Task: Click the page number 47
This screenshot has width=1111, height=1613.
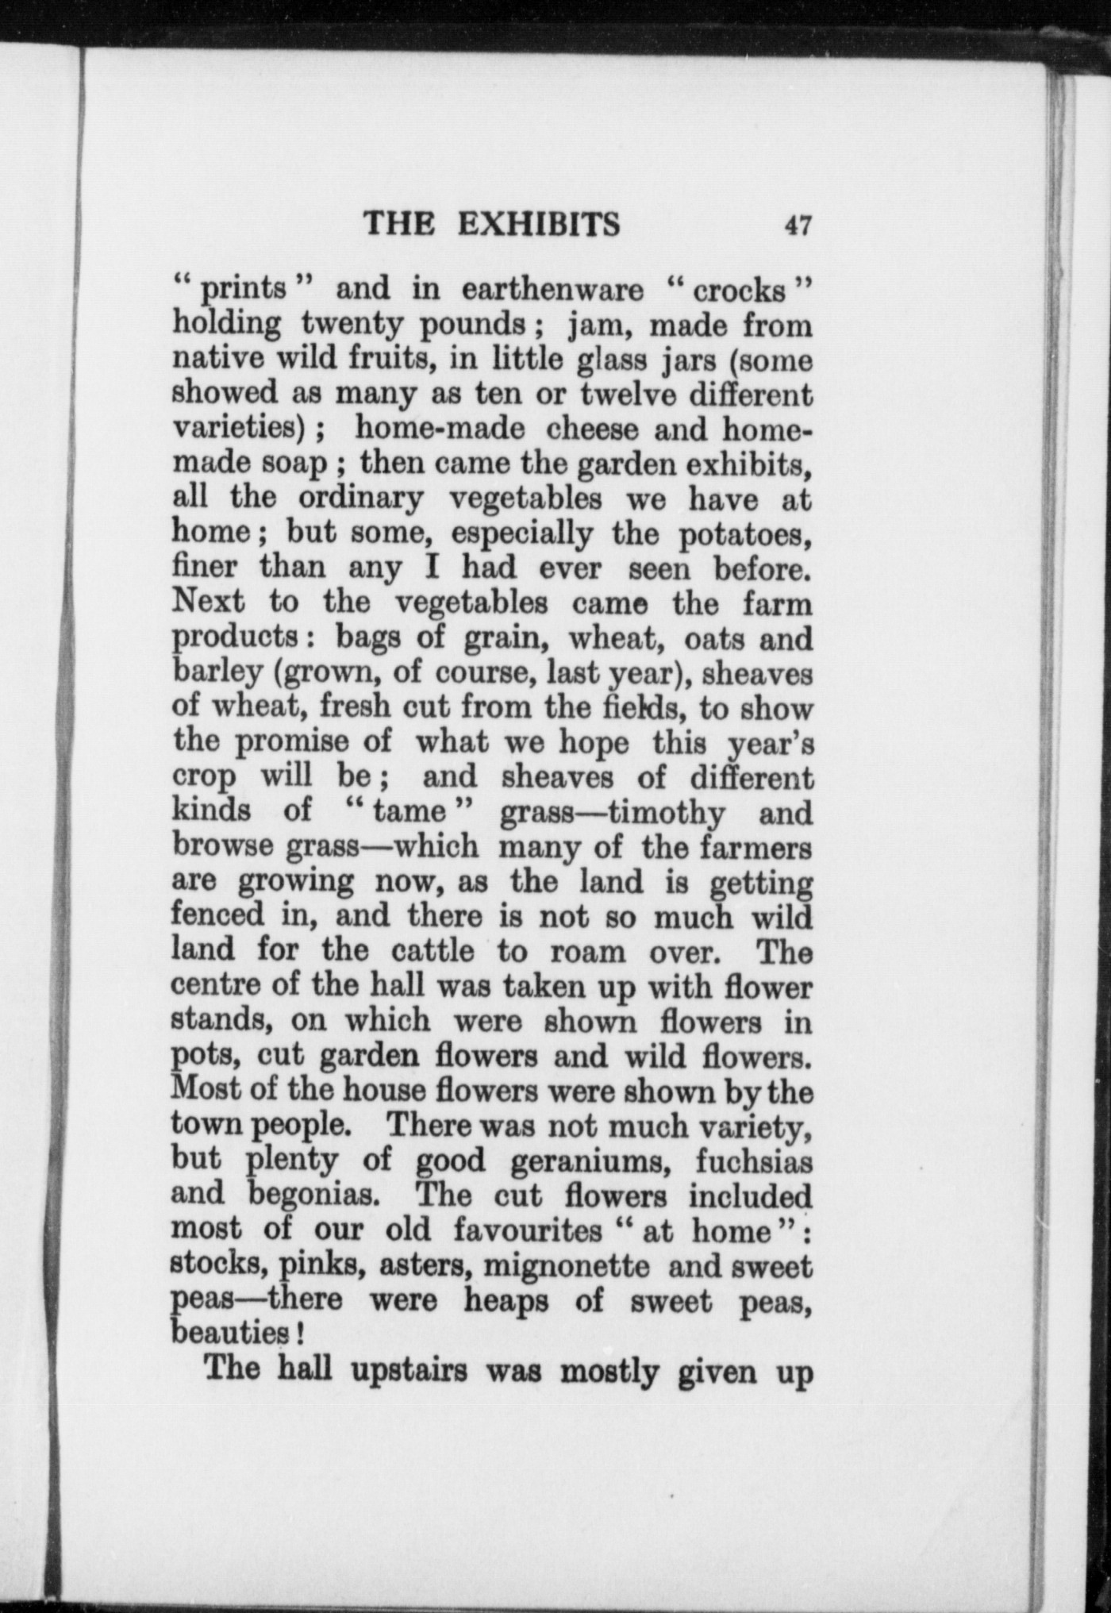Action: point(798,225)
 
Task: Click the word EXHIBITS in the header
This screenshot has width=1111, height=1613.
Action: point(539,225)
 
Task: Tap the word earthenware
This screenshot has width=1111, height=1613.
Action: point(552,291)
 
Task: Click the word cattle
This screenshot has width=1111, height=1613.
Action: point(432,951)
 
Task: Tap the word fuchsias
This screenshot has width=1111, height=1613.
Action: point(754,1161)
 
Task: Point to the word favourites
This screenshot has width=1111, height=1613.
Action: point(528,1230)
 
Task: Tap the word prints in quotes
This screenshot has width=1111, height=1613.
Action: point(243,291)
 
